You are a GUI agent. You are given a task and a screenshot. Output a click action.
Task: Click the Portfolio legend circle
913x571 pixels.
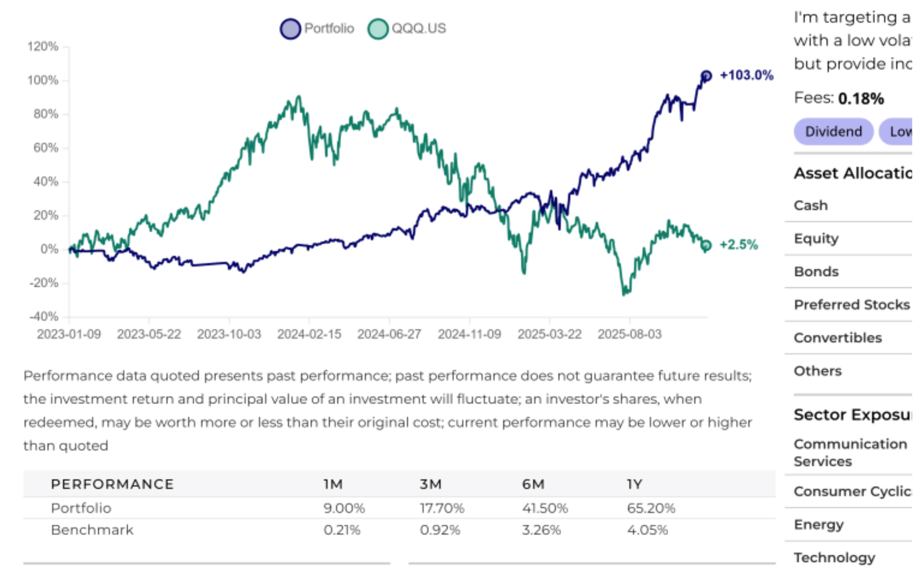point(290,29)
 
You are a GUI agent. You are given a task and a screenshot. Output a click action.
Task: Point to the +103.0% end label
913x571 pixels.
point(746,75)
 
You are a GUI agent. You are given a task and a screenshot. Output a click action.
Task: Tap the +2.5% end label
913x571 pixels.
point(738,245)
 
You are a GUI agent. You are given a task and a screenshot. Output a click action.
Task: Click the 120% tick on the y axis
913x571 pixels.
point(43,46)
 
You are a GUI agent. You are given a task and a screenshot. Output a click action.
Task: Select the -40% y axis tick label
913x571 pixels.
point(44,316)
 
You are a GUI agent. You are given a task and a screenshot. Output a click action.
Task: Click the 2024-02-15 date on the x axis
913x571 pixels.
point(309,334)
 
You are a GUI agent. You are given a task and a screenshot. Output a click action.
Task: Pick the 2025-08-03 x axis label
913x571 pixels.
point(629,334)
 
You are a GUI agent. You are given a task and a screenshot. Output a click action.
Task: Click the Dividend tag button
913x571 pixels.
point(833,132)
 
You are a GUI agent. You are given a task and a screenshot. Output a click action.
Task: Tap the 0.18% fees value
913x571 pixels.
point(861,98)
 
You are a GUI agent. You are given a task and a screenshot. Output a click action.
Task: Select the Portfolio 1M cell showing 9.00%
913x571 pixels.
point(344,508)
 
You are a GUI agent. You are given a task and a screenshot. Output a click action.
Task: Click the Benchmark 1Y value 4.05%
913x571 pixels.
point(647,530)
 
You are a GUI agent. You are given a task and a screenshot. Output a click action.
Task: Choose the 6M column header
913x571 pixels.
point(533,484)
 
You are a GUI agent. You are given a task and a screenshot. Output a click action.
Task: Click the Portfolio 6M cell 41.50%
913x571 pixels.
point(544,508)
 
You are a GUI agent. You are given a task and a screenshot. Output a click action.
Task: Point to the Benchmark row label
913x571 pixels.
point(92,530)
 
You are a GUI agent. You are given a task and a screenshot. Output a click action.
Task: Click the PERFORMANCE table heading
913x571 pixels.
point(112,484)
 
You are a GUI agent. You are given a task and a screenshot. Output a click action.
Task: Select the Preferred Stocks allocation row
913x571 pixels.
point(852,305)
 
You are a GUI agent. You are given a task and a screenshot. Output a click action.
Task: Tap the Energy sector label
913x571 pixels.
point(819,525)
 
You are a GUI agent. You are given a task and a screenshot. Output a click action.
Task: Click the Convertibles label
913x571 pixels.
point(838,338)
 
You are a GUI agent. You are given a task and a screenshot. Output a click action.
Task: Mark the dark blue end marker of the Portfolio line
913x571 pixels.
point(706,76)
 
